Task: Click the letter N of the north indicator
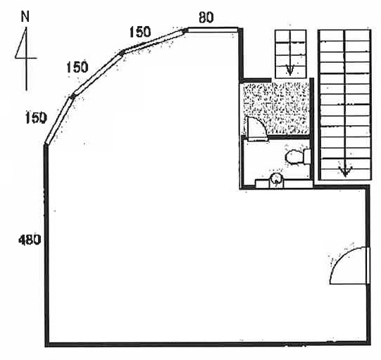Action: (25, 17)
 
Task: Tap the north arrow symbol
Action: (26, 58)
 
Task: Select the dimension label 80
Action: (206, 18)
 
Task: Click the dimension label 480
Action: (30, 240)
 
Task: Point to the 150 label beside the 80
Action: (140, 32)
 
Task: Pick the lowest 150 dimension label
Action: (36, 118)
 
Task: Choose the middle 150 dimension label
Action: (77, 67)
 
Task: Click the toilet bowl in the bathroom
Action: (298, 157)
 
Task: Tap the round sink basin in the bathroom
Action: (277, 179)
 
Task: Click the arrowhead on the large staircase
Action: (345, 171)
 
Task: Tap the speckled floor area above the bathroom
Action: (277, 108)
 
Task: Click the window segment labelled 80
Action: (213, 30)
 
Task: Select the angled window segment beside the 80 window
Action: (155, 40)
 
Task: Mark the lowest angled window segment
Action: (58, 120)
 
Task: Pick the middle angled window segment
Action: (97, 74)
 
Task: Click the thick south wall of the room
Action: (207, 344)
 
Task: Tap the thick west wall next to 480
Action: (46, 244)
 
